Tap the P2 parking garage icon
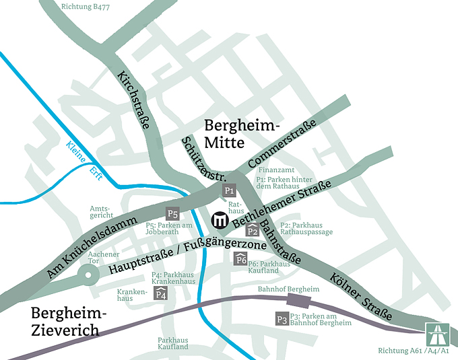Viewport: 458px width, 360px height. [x=253, y=230]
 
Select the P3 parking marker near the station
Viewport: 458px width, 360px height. [x=282, y=319]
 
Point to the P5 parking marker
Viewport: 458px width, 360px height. [x=173, y=214]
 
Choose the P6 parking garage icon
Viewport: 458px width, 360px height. [x=240, y=259]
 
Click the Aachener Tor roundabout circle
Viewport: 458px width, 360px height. [x=87, y=273]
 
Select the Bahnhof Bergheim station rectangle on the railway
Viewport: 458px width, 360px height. [x=301, y=299]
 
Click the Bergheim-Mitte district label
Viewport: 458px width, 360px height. [x=241, y=134]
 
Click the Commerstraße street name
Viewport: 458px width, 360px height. [x=282, y=144]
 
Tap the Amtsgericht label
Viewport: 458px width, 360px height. [x=102, y=213]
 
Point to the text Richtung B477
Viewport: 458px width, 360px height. [x=86, y=7]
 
